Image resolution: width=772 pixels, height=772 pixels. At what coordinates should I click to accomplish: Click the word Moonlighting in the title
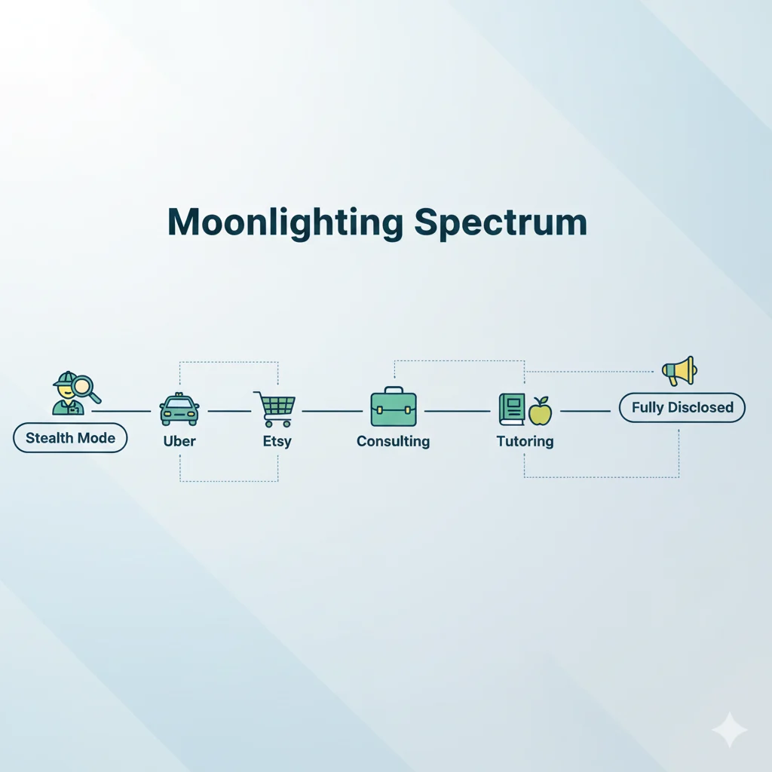285,223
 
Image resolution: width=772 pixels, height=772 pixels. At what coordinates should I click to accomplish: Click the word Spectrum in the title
501,223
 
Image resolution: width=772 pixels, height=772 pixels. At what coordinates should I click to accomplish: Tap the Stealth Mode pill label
70,438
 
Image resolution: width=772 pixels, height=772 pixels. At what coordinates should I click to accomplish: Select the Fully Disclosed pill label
682,407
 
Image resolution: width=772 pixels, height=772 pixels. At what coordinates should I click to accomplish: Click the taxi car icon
179,410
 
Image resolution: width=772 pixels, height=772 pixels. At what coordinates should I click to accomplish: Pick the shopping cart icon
275,409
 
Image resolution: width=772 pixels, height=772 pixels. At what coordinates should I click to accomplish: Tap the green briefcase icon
393,408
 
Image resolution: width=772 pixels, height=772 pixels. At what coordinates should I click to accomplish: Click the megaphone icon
679,370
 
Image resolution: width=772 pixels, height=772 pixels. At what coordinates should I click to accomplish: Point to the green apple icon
540,412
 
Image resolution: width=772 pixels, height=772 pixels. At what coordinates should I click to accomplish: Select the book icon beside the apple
511,409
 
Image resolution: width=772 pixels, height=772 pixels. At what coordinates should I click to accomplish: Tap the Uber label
179,442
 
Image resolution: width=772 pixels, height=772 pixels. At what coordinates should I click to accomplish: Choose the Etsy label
277,442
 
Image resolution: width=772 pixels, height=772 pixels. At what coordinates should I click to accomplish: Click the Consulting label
393,442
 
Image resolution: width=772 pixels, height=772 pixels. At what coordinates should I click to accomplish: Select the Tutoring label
525,442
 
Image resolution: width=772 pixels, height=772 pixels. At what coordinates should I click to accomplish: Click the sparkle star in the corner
729,729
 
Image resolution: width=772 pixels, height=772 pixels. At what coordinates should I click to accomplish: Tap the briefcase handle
393,391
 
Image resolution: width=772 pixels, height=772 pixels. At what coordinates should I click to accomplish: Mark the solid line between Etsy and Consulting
332,411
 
